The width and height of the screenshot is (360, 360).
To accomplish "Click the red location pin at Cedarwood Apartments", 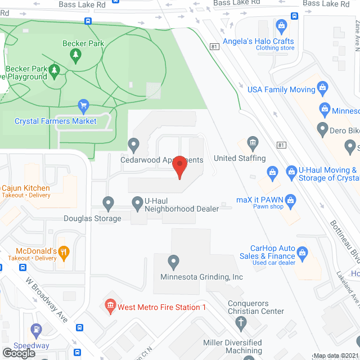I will [179, 166].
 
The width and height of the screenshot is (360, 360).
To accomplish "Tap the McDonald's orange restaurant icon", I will [64, 254].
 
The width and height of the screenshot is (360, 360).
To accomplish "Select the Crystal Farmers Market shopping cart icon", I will [84, 105].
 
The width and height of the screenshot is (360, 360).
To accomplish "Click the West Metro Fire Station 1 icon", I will [110, 307].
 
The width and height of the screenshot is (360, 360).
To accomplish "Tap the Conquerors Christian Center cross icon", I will [241, 323].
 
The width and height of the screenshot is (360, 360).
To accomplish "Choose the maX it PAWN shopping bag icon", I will [290, 199].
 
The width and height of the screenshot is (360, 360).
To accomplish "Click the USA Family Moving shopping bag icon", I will [322, 87].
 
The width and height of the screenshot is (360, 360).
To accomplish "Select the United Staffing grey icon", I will [253, 142].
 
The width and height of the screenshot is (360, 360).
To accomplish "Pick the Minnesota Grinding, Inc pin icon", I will [174, 261].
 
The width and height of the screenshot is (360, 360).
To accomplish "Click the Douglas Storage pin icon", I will [109, 202].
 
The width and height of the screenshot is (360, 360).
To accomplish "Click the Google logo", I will [19, 353].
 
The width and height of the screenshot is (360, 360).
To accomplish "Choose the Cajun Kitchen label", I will [26, 188].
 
